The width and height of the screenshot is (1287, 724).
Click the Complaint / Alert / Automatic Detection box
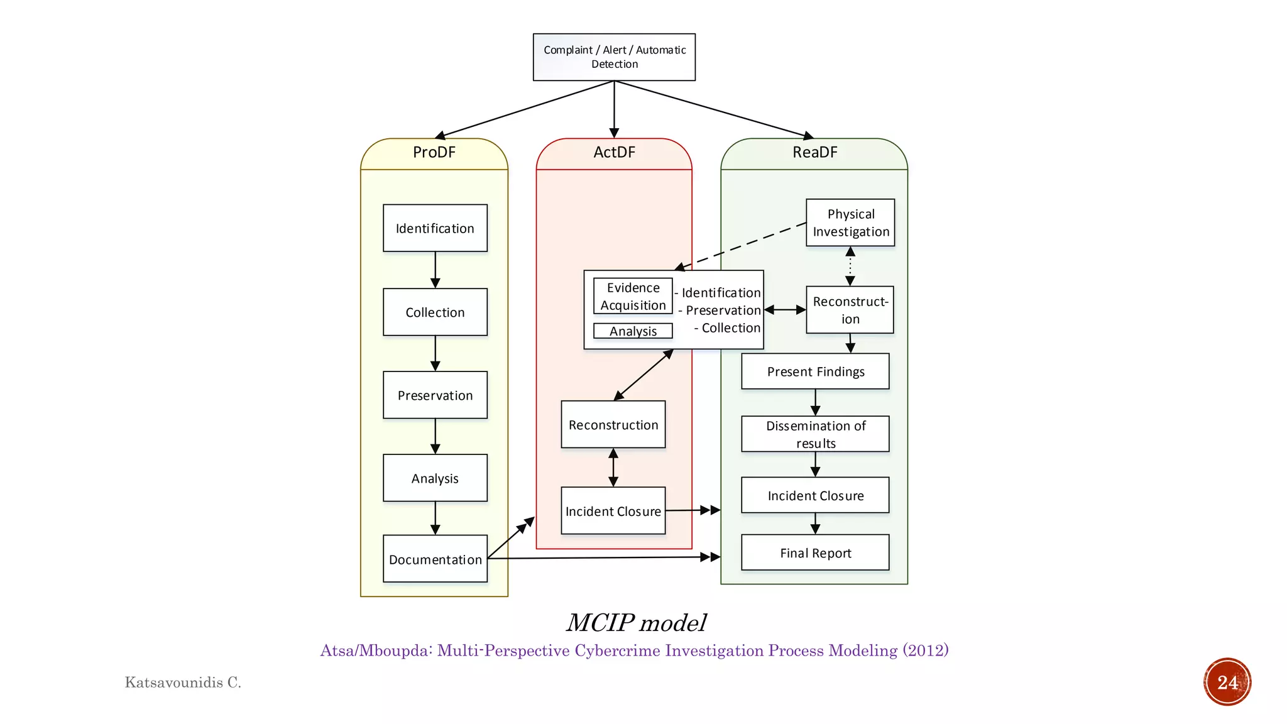click(614, 57)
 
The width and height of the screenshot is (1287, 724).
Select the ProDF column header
click(434, 153)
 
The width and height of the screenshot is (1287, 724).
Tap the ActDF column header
click(614, 153)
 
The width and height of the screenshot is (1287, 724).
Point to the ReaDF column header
click(814, 153)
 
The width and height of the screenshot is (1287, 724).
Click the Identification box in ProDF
click(435, 228)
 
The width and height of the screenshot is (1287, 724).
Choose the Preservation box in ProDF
click(435, 395)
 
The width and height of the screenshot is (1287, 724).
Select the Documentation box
click(435, 559)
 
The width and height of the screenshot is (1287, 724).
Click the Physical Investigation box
click(850, 222)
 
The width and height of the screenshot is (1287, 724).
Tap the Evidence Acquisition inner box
click(633, 296)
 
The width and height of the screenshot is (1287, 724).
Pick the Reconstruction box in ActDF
click(613, 425)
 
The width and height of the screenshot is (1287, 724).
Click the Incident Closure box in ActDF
click(613, 511)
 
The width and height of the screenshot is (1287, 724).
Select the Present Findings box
click(815, 371)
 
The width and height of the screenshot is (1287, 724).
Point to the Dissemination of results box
click(815, 434)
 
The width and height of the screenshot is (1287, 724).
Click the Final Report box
click(815, 553)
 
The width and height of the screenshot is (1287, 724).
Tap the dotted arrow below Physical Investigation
click(850, 266)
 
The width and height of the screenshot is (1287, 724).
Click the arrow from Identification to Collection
click(435, 270)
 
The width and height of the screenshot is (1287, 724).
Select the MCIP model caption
click(636, 623)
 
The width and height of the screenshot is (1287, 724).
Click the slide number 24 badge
click(1227, 682)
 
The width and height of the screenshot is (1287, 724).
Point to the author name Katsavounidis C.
click(183, 683)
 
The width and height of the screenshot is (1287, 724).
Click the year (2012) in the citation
click(926, 650)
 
